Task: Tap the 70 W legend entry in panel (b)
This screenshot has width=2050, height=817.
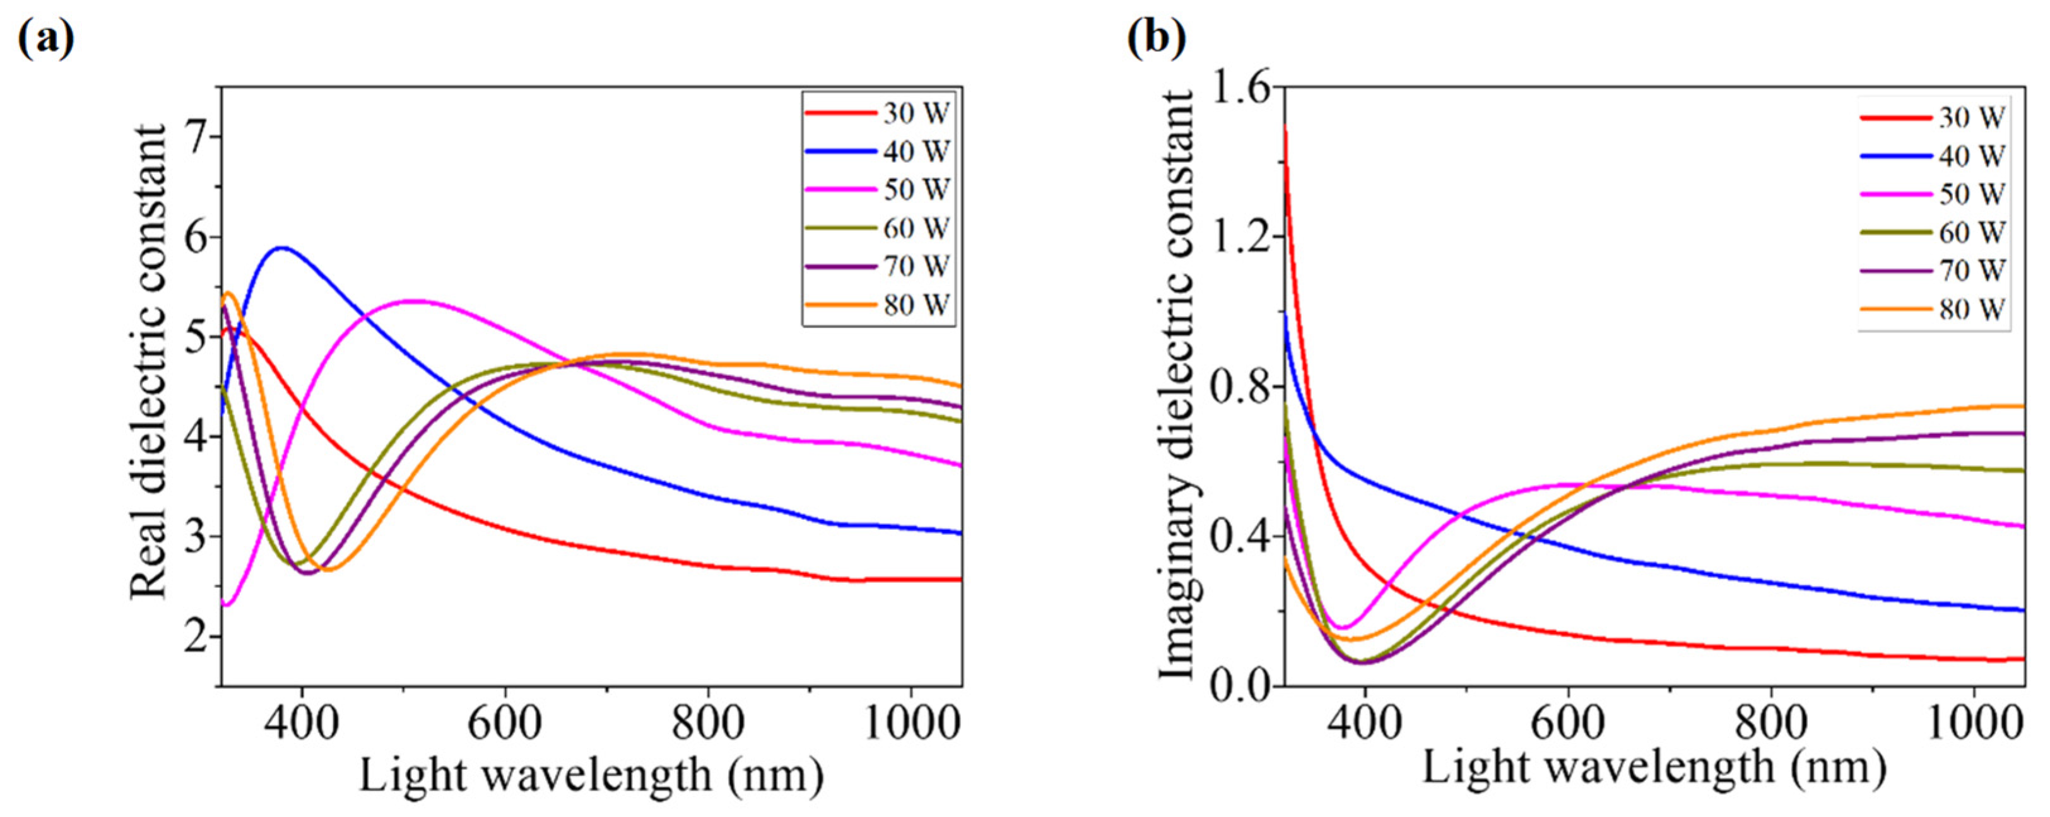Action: (x=1971, y=271)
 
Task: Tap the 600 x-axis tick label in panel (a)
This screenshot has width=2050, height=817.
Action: (x=504, y=724)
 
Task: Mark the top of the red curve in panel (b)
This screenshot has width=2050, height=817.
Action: (x=1285, y=127)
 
